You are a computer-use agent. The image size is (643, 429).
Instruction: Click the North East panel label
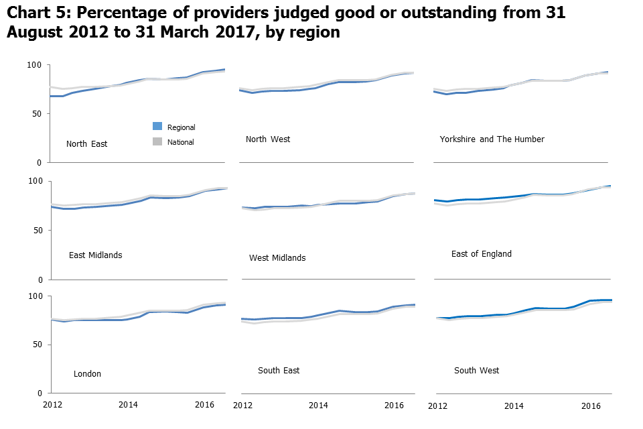point(86,143)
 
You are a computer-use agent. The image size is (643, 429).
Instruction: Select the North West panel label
point(268,139)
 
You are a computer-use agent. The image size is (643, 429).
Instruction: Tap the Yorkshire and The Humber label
point(492,139)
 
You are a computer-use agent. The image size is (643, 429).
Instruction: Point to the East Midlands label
point(95,255)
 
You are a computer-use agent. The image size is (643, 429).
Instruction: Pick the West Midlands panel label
point(277,258)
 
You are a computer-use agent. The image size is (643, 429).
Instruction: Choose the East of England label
point(481,254)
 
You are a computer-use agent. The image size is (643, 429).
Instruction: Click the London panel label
point(87,374)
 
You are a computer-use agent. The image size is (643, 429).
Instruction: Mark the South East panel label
point(279,371)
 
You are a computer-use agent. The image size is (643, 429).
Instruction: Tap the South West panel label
point(476,371)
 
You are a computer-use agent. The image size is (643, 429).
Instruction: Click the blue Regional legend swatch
point(157,126)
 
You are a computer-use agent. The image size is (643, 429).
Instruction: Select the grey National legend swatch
point(157,141)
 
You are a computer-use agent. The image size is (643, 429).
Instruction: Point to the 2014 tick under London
point(129,406)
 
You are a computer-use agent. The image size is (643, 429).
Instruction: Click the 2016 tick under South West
point(591,406)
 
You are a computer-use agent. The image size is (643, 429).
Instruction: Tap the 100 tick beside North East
point(35,65)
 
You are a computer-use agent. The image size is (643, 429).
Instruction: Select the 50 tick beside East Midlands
point(37,230)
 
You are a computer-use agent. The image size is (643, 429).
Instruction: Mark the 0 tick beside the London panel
point(39,393)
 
